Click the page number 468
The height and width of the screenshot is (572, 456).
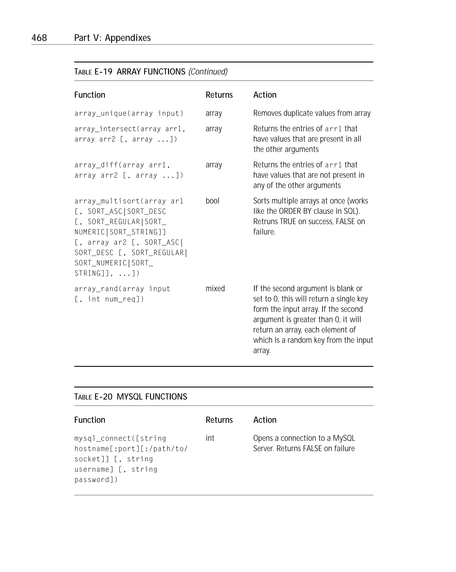click(39, 38)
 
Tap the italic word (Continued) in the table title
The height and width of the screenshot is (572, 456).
click(208, 72)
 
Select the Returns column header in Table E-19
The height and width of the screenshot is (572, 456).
click(219, 95)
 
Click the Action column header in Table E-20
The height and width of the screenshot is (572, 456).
click(265, 420)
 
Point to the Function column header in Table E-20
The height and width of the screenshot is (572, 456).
click(90, 420)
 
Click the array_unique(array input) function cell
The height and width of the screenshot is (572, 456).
click(129, 114)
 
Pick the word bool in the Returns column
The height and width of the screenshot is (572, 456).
click(212, 201)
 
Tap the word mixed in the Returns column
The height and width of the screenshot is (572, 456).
click(215, 288)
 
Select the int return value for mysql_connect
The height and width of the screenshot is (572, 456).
click(210, 438)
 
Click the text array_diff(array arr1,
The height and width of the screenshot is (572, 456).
click(122, 165)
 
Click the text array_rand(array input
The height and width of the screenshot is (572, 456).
click(122, 289)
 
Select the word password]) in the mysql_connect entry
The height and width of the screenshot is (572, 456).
click(96, 480)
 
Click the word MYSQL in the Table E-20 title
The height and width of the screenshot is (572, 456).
click(130, 397)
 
